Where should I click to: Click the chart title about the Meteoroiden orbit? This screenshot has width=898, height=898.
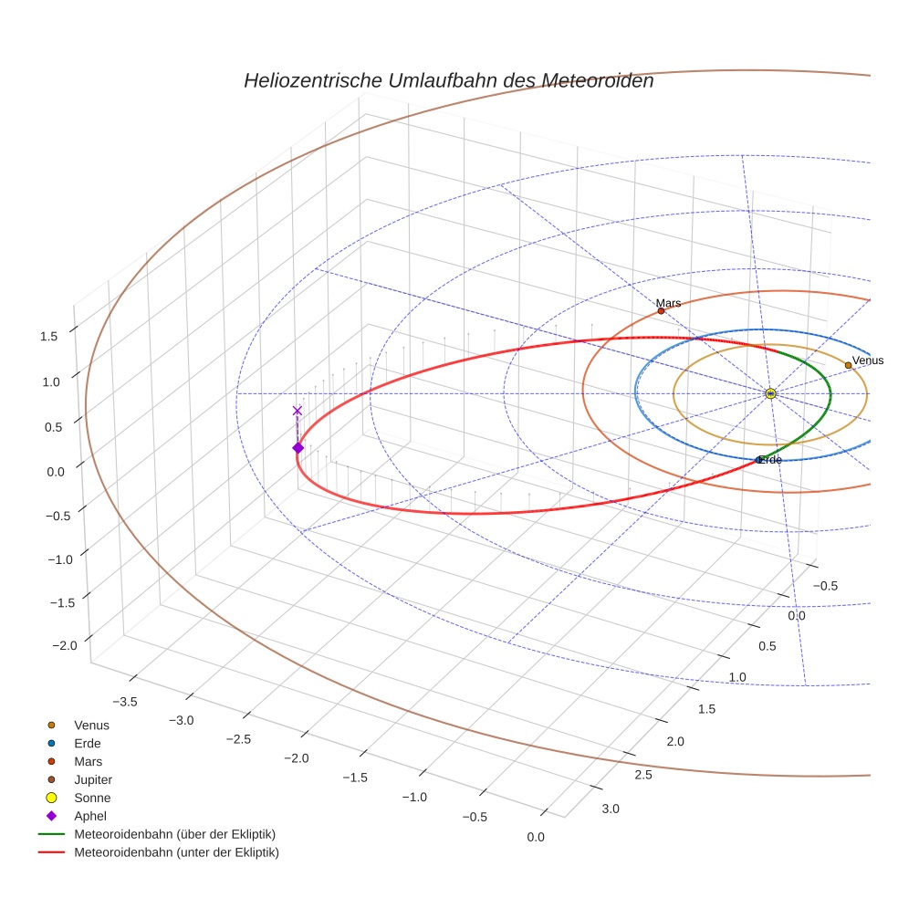point(448,80)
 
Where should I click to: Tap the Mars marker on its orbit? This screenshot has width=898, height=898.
point(661,311)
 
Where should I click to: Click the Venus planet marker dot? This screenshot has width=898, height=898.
point(848,365)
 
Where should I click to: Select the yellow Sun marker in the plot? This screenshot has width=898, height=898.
point(770,393)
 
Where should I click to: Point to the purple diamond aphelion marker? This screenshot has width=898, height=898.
point(298,447)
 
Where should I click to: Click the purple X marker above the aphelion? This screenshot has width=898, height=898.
point(297,411)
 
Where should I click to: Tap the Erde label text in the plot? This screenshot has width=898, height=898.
point(771,460)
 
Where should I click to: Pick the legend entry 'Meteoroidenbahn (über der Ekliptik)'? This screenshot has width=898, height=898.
point(174,834)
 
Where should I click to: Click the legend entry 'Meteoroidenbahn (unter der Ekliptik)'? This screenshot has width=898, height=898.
point(176,852)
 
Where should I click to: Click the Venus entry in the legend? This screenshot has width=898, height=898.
point(91,725)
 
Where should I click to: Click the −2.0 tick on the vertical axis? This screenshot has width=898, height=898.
point(64,645)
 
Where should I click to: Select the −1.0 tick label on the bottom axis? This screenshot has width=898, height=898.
point(414,797)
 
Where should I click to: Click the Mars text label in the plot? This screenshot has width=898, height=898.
point(668,302)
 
